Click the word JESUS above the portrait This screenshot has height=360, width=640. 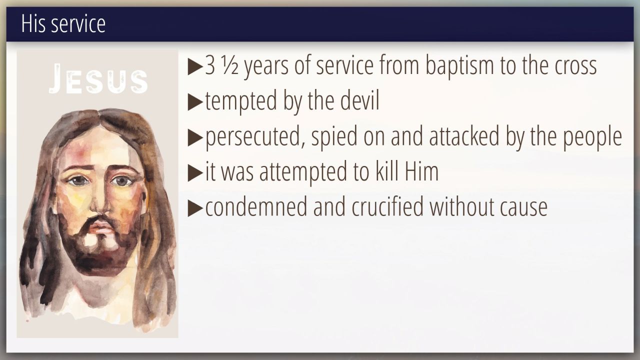(x=98, y=79)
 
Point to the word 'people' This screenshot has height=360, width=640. (x=592, y=137)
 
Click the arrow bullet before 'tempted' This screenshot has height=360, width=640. (x=195, y=102)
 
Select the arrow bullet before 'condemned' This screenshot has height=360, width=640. (x=195, y=208)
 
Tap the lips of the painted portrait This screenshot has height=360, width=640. (x=100, y=227)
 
